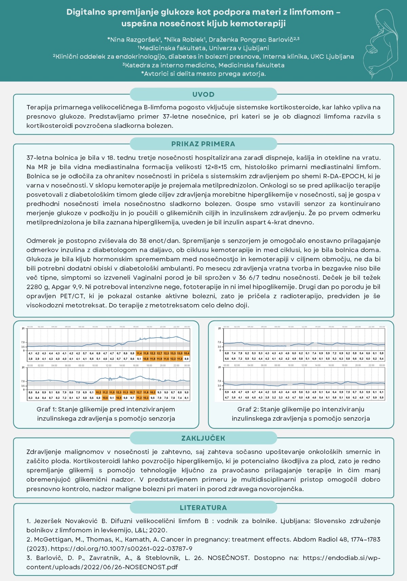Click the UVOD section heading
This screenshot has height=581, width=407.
[203, 94]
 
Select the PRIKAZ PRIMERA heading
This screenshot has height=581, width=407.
[203, 144]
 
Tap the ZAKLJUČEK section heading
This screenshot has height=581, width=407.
[203, 438]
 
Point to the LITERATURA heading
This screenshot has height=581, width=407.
[203, 507]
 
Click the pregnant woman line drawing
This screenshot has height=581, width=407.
[379, 44]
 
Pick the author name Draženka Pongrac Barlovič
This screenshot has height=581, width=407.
[251, 40]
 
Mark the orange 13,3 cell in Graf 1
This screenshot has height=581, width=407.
[173, 353]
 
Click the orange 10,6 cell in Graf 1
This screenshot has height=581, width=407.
[105, 398]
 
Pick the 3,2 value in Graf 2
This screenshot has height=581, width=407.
[274, 398]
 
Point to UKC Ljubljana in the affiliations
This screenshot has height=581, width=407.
[332, 57]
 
